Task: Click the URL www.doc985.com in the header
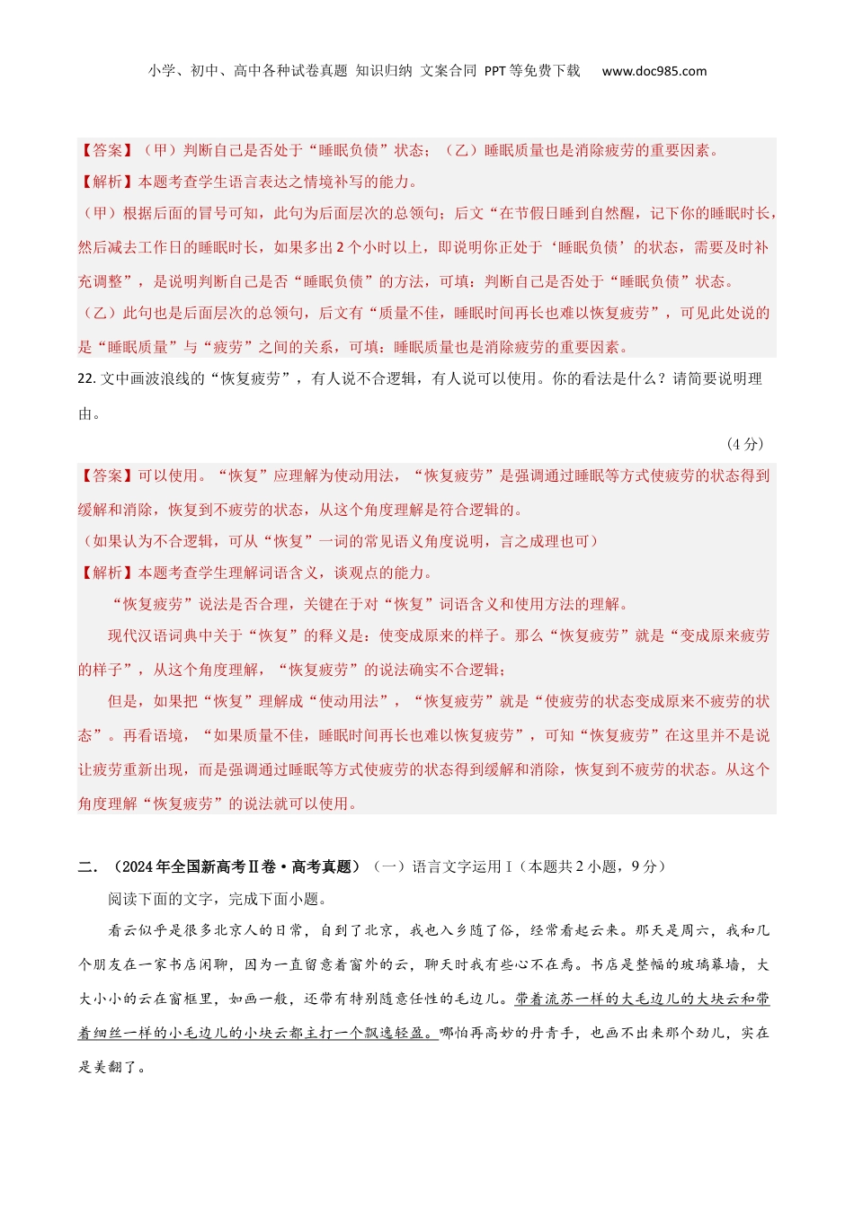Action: point(654,71)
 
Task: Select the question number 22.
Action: point(86,379)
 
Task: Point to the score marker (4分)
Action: point(744,444)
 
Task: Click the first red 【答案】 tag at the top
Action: point(107,150)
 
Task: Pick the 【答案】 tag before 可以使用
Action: point(107,475)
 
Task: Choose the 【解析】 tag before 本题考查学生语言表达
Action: point(107,182)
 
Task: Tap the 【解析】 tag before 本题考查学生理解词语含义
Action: point(107,573)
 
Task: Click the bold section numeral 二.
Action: point(87,866)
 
